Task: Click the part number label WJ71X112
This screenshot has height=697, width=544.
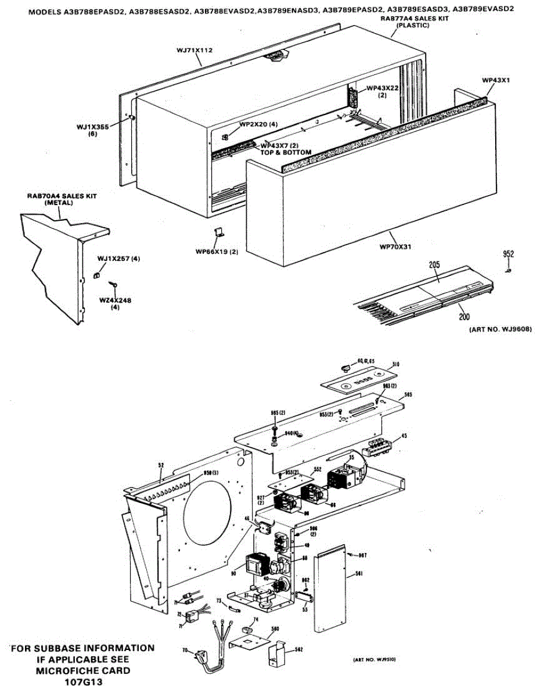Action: click(x=194, y=51)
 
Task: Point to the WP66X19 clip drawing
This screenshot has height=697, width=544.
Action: click(x=219, y=232)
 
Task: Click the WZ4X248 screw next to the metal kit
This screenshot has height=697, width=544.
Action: click(x=114, y=284)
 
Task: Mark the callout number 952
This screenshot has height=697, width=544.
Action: click(x=509, y=254)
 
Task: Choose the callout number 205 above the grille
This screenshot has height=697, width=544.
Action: click(x=434, y=265)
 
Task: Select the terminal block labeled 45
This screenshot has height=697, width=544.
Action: click(x=376, y=448)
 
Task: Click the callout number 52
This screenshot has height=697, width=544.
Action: click(x=161, y=465)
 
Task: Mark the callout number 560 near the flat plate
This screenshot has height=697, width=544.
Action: click(x=275, y=628)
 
